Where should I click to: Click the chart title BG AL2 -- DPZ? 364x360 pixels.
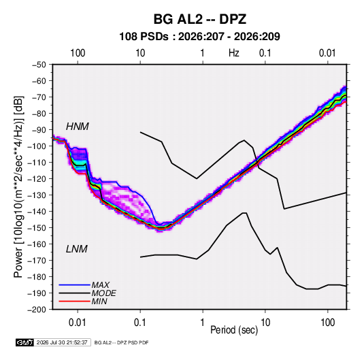point(199,19)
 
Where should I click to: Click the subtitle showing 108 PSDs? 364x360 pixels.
point(199,37)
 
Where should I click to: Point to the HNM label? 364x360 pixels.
point(78,127)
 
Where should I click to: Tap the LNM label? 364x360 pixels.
point(77,249)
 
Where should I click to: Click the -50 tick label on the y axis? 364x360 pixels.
point(39,65)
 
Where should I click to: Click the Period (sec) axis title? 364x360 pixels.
point(234,330)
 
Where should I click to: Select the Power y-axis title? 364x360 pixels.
point(18,186)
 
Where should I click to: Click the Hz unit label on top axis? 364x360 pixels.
point(234,53)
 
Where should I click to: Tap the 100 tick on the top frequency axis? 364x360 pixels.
point(78,53)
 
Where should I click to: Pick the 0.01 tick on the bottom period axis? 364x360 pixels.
point(78,323)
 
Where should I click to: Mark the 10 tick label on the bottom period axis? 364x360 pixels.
point(265,323)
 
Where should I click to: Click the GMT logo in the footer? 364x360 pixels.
point(25,342)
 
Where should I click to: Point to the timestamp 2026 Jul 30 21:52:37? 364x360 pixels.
point(62,342)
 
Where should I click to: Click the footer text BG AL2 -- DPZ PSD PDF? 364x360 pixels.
point(121,342)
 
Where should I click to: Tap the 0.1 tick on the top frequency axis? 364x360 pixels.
point(265,53)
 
